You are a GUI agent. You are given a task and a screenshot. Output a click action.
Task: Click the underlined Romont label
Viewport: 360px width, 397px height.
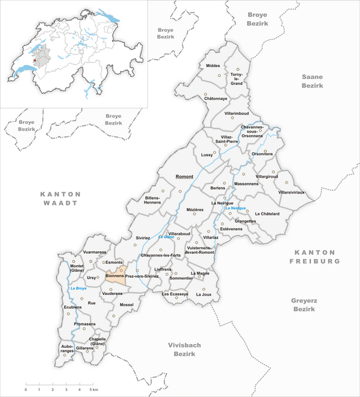tap(183, 178)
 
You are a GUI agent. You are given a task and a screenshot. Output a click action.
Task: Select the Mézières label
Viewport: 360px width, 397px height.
tap(195, 209)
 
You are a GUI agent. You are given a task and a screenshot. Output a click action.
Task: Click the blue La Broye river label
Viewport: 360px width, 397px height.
tap(78, 289)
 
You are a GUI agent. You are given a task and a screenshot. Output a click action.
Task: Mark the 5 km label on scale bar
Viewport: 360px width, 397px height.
tap(94, 390)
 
